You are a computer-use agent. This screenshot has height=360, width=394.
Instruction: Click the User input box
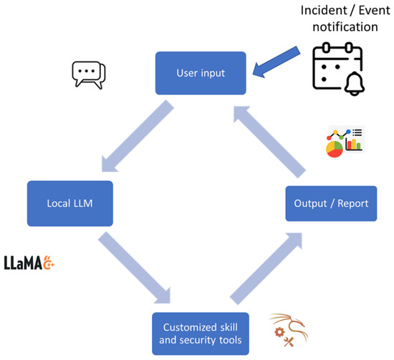click(201, 73)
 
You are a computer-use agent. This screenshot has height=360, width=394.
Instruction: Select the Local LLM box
click(70, 203)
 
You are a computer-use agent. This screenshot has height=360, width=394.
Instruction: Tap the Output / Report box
click(331, 203)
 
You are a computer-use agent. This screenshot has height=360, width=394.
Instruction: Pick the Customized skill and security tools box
click(201, 334)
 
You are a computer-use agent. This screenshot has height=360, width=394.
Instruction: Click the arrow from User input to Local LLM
click(138, 136)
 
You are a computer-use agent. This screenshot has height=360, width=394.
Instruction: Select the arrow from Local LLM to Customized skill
click(134, 268)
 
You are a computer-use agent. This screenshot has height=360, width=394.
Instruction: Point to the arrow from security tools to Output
click(266, 268)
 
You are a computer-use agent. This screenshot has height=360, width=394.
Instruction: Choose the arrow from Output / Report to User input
click(269, 142)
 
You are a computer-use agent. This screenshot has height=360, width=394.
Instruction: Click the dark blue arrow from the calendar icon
click(277, 62)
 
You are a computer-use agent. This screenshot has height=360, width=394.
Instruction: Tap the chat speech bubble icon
click(88, 75)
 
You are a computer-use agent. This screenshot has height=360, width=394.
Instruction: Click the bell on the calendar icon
click(355, 84)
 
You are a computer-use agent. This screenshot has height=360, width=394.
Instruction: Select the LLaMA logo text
click(23, 263)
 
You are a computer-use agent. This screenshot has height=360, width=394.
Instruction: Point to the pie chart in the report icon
click(335, 149)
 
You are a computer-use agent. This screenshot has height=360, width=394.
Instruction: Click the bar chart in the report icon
click(354, 145)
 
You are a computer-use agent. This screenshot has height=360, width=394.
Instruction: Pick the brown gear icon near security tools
click(279, 332)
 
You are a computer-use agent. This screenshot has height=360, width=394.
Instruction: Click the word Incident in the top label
click(324, 11)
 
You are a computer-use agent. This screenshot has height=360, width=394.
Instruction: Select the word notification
click(345, 27)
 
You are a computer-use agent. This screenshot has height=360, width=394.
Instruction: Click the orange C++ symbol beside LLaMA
click(49, 263)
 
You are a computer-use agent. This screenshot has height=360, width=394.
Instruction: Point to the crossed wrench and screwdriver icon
click(289, 342)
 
